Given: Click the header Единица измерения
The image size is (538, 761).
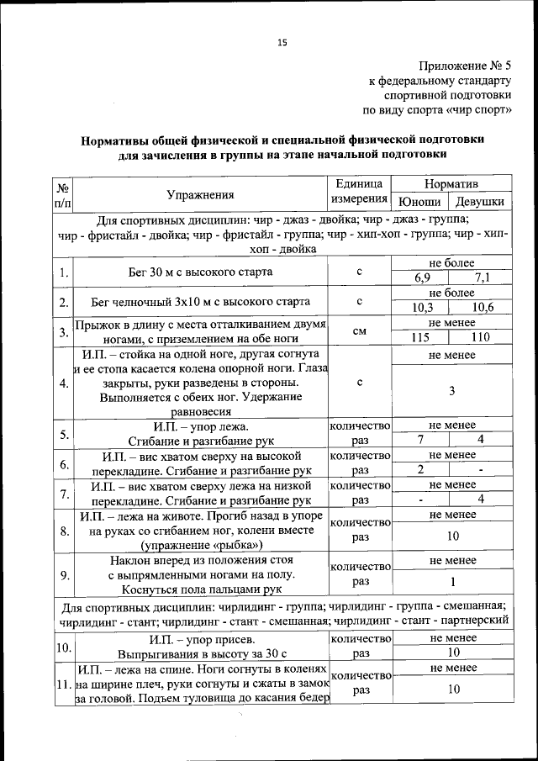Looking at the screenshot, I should point(359,193).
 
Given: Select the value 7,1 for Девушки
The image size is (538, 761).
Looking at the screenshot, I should point(483,278).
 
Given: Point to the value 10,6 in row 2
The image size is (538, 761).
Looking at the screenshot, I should point(483,308).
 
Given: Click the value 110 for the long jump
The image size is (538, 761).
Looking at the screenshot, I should point(480,338).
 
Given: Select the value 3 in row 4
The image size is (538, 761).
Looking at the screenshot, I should point(451,391).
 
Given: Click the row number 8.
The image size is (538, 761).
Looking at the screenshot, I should point(64,531).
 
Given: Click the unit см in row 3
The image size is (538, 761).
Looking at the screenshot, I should point(359,331).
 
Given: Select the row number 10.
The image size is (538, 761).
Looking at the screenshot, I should point(64,647).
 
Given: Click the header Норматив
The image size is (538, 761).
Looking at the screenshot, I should point(451,183).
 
